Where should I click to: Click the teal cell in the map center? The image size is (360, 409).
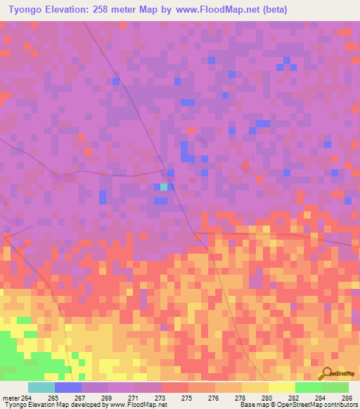point(164,187)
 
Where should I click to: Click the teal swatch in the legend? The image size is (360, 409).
point(41,387)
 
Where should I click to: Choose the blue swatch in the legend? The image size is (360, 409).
point(68,387)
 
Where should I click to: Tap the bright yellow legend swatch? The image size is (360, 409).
point(281,387)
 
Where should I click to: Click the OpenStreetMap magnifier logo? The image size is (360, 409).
point(326,374)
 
